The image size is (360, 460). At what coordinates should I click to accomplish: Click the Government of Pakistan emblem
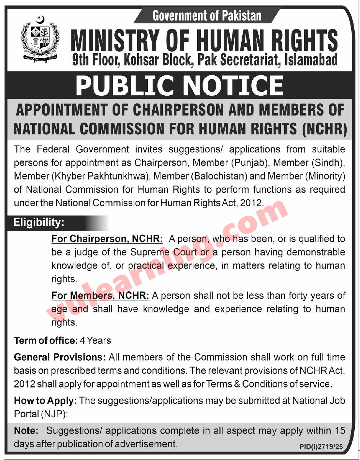(x=40, y=39)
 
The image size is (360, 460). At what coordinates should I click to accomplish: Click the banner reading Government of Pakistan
(x=207, y=16)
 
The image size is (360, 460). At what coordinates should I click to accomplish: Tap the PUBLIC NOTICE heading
(x=179, y=85)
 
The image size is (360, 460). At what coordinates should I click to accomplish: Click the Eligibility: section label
(x=39, y=222)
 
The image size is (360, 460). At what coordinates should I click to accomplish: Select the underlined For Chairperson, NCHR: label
(x=107, y=239)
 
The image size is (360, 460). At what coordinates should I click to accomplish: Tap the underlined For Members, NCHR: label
(x=100, y=296)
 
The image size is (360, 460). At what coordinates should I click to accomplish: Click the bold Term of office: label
(x=46, y=341)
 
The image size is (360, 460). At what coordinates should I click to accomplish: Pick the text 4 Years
(x=96, y=341)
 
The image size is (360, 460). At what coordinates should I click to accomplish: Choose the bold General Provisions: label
(x=60, y=357)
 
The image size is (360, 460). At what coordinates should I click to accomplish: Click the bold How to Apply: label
(x=45, y=400)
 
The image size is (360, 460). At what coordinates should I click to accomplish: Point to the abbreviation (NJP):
(x=54, y=414)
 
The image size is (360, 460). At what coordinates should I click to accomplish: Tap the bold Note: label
(x=26, y=431)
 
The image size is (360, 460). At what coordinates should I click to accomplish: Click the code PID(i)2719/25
(x=321, y=447)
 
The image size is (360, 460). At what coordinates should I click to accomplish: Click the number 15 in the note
(x=339, y=431)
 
